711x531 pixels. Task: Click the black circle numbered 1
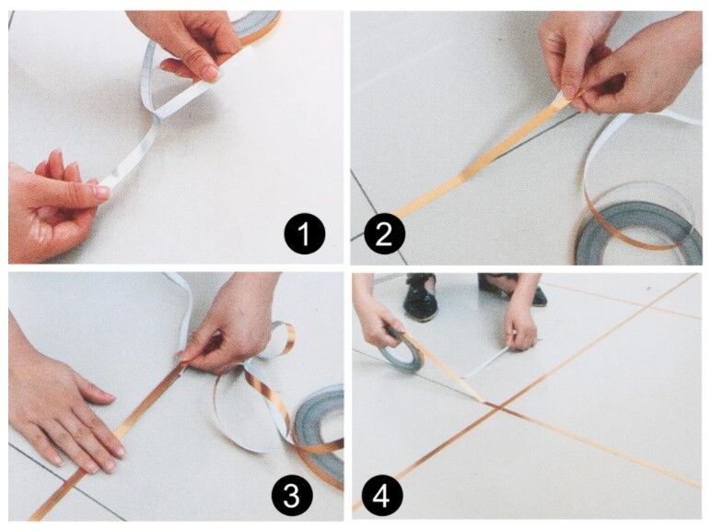[x=304, y=237]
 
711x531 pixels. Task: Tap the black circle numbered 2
[x=384, y=237]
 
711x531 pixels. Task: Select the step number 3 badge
[x=291, y=497]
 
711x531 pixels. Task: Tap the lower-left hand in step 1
[x=51, y=207]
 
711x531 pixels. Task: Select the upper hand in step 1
[x=189, y=41]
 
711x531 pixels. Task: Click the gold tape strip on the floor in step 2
[x=460, y=175]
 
